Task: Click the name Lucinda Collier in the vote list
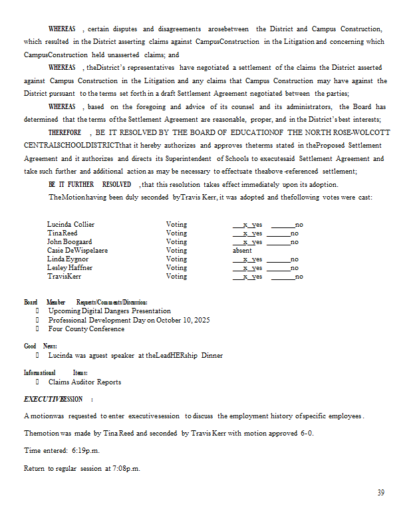(70, 225)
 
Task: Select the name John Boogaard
(69, 242)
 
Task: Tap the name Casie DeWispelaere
(77, 251)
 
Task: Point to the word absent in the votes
(242, 251)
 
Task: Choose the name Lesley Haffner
(70, 268)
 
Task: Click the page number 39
(380, 493)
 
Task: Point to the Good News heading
(41, 346)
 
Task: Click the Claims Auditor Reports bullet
(84, 382)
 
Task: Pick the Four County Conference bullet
(86, 329)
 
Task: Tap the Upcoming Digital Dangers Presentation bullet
(109, 311)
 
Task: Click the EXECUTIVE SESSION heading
(53, 399)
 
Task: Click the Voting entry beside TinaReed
(176, 233)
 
